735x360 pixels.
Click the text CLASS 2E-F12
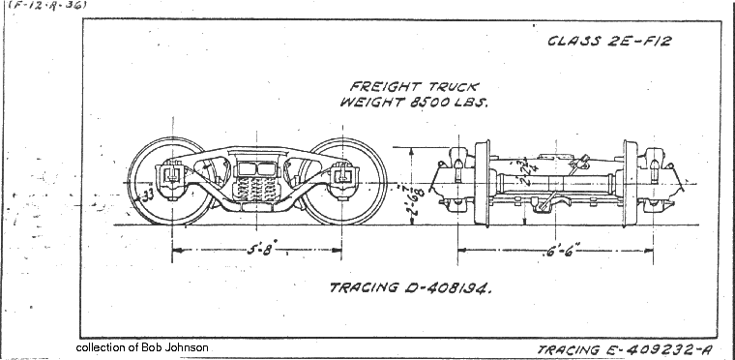[x=609, y=41]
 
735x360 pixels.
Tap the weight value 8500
[x=429, y=102]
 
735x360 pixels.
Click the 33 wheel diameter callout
[x=148, y=194]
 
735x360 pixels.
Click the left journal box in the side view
[x=171, y=177]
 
